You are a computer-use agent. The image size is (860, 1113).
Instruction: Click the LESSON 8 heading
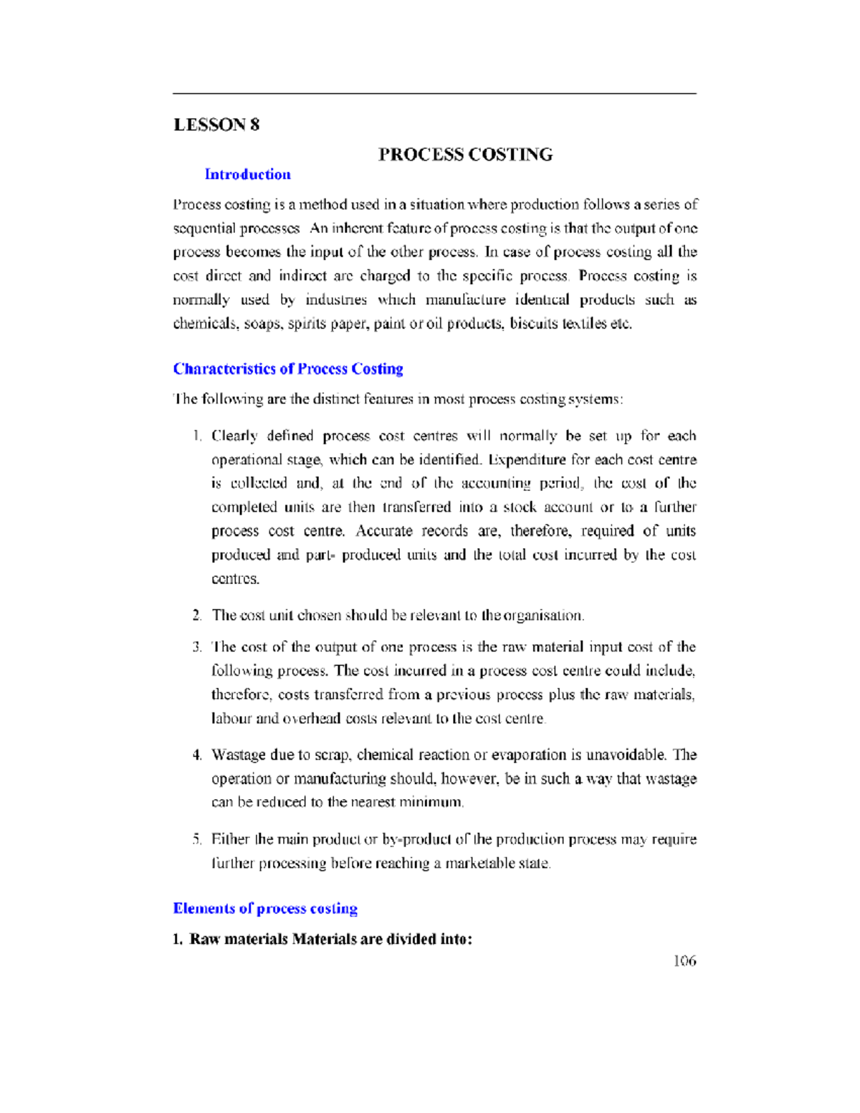216,125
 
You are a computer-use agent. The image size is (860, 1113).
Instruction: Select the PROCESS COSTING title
465,155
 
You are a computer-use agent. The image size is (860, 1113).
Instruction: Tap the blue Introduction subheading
247,174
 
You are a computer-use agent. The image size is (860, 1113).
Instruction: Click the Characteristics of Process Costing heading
287,369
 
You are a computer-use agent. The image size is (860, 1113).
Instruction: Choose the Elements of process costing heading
265,909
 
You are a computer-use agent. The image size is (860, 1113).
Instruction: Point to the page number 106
684,961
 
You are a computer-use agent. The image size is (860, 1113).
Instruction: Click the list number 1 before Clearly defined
197,436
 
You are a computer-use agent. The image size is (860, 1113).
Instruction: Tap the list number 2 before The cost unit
197,616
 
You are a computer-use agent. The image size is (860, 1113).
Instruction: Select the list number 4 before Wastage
197,755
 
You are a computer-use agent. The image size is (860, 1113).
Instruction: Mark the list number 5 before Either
197,840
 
